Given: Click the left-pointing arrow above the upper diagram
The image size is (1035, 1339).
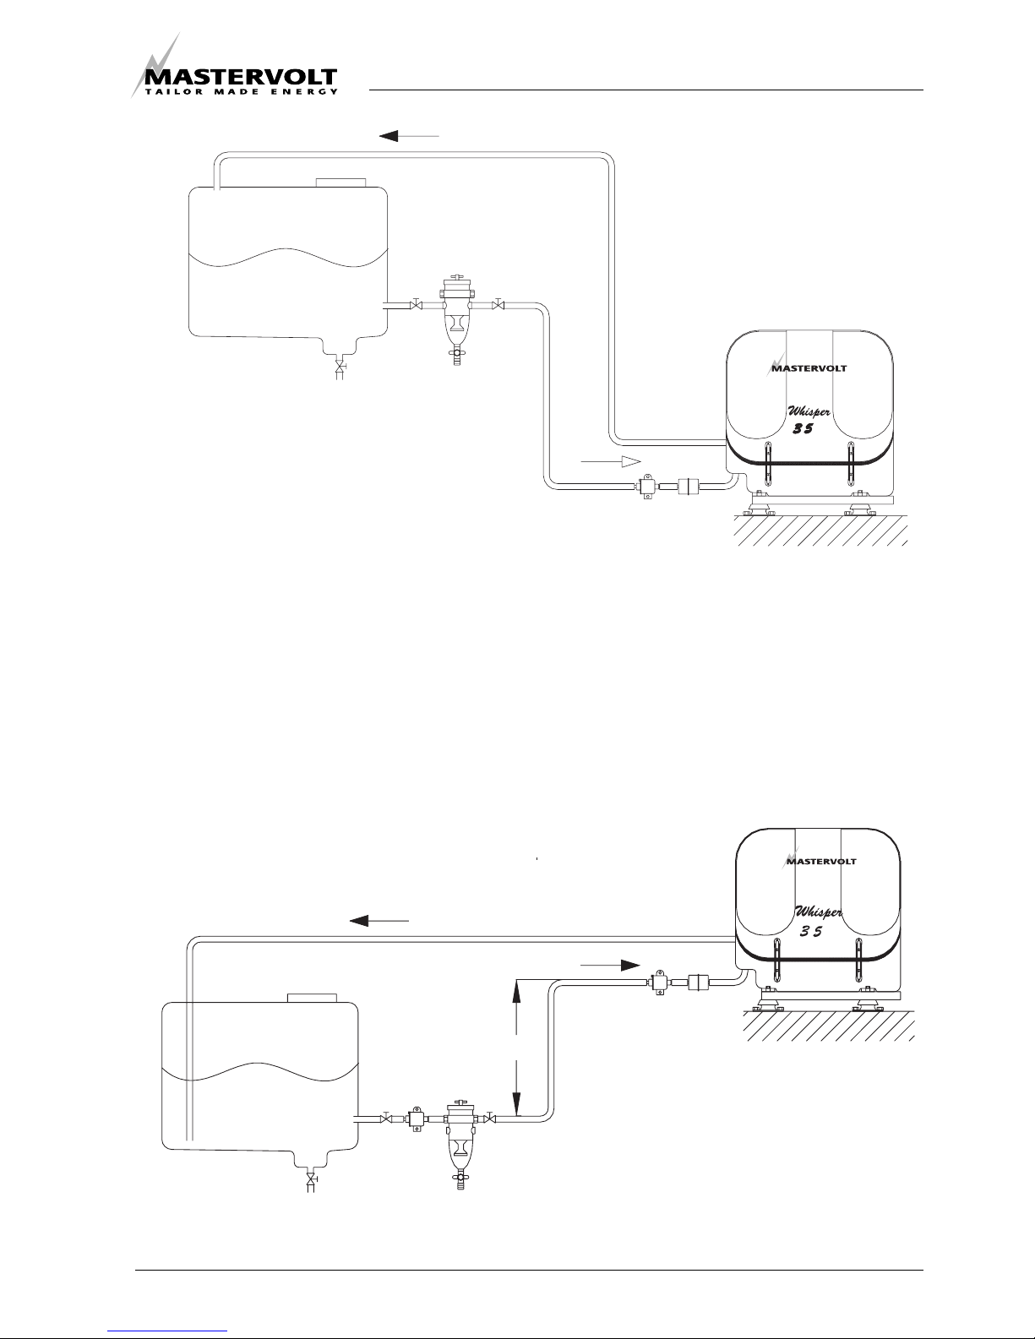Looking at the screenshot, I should tap(410, 135).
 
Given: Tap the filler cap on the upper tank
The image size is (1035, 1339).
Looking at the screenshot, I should tap(341, 182).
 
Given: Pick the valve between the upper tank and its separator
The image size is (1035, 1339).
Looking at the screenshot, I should tap(415, 304).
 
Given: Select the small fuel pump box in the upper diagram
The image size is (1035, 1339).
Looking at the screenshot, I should tap(647, 487).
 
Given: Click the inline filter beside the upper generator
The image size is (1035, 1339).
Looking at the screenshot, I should tap(690, 487).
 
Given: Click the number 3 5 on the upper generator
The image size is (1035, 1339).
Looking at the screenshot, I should tap(802, 429).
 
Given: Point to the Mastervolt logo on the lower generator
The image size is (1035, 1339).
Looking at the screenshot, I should tap(820, 860).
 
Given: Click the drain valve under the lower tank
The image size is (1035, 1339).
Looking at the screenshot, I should tap(311, 1178).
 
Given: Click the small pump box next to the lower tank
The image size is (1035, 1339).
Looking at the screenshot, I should tap(417, 1119).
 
